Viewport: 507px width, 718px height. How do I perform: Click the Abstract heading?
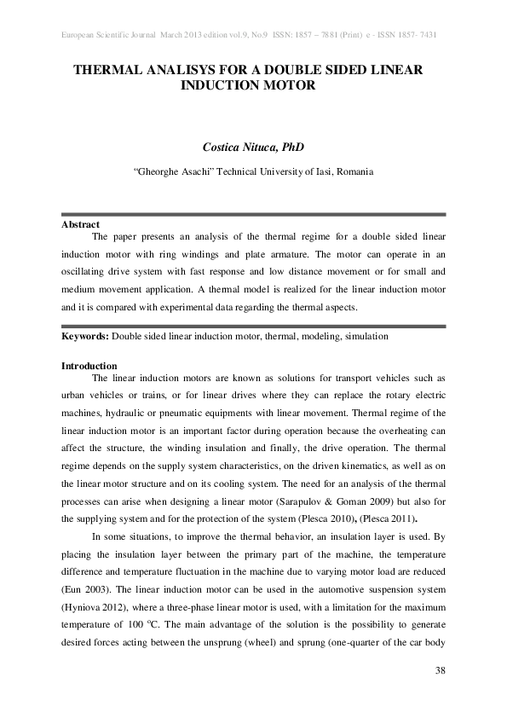pyautogui.click(x=80, y=224)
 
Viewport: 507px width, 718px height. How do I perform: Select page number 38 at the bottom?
pyautogui.click(x=440, y=670)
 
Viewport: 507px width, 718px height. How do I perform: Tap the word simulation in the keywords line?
pyautogui.click(x=367, y=336)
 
